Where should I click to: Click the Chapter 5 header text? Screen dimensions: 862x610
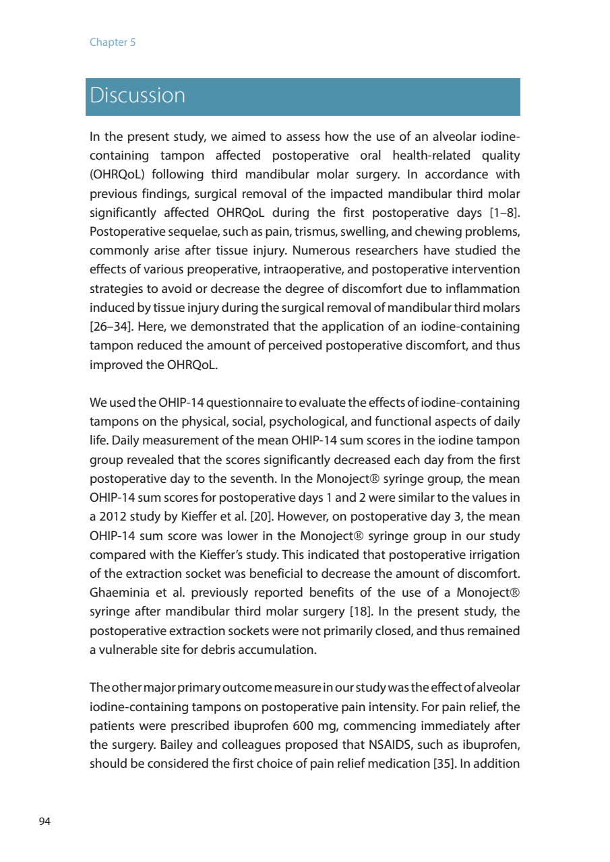pos(113,42)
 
